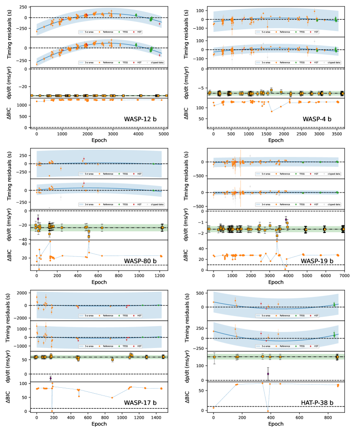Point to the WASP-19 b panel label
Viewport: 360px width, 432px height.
pyautogui.click(x=317, y=261)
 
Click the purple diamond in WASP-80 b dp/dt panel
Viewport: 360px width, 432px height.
pyautogui.click(x=38, y=219)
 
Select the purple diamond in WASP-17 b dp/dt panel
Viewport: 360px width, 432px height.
pyautogui.click(x=51, y=378)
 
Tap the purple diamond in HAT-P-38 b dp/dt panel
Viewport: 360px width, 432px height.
pyautogui.click(x=268, y=374)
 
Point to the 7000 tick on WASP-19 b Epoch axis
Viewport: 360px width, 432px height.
pyautogui.click(x=344, y=276)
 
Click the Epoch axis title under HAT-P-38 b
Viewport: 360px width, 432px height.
pyautogui.click(x=275, y=424)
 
